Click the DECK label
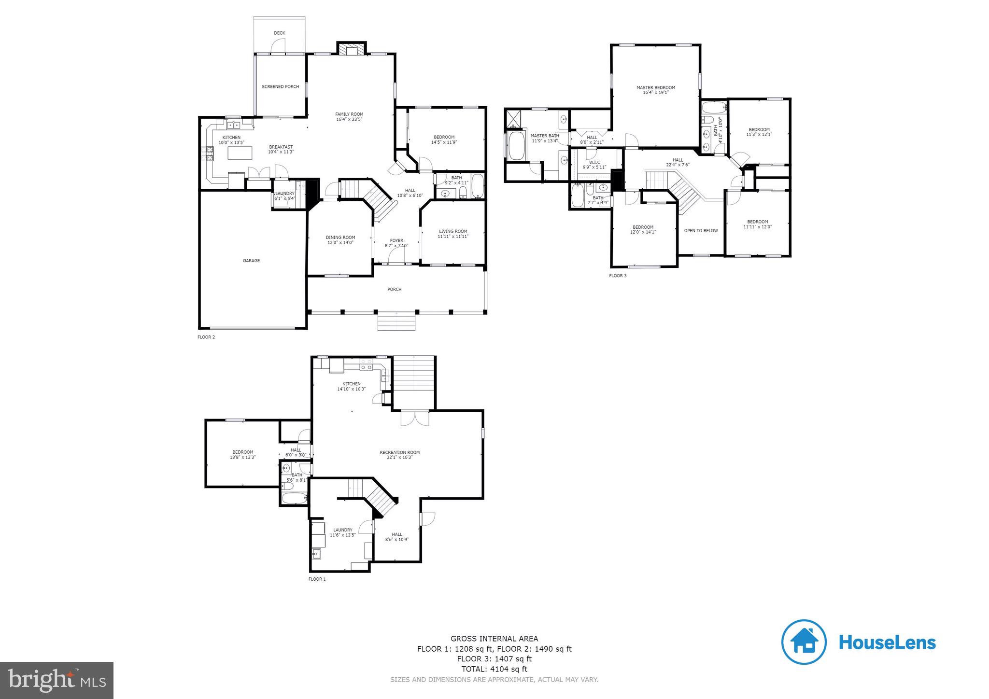[279, 33]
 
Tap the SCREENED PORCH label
[280, 87]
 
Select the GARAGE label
[251, 261]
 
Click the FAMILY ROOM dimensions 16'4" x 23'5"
[349, 119]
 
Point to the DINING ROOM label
[340, 238]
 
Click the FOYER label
[396, 240]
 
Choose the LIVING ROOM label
[453, 231]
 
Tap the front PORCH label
[395, 290]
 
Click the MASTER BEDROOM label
[656, 88]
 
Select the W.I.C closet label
[594, 162]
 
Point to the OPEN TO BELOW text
[701, 231]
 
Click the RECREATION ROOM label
[399, 452]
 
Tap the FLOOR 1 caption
[317, 579]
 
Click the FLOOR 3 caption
[618, 276]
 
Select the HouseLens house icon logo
[804, 642]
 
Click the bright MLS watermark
[57, 680]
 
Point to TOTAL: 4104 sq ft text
[494, 669]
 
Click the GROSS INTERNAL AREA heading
[494, 639]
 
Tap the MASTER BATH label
[545, 136]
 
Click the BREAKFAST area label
[281, 147]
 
